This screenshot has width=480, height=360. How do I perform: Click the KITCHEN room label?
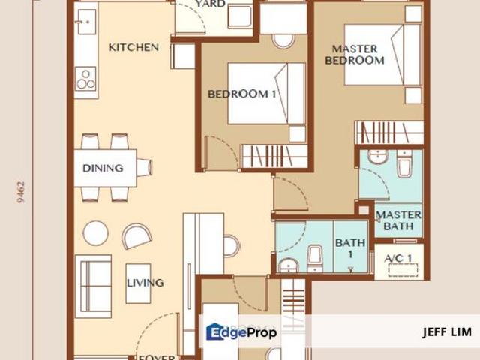(x=133, y=47)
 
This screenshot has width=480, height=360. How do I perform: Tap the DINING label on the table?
(x=103, y=168)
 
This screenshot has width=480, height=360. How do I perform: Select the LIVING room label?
(x=145, y=283)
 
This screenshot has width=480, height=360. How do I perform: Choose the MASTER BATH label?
(x=398, y=220)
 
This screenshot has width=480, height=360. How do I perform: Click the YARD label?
(x=211, y=4)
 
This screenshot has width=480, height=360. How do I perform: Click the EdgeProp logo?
(x=241, y=331)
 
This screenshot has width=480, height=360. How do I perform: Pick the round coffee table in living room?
(x=95, y=232)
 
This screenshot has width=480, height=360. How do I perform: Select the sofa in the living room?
(x=93, y=286)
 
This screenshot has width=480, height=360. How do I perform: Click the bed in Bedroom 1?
(x=266, y=93)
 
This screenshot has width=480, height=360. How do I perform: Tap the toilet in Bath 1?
(x=315, y=256)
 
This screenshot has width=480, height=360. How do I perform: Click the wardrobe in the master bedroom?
(x=388, y=133)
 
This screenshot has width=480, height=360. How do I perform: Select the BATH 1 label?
(x=350, y=248)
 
